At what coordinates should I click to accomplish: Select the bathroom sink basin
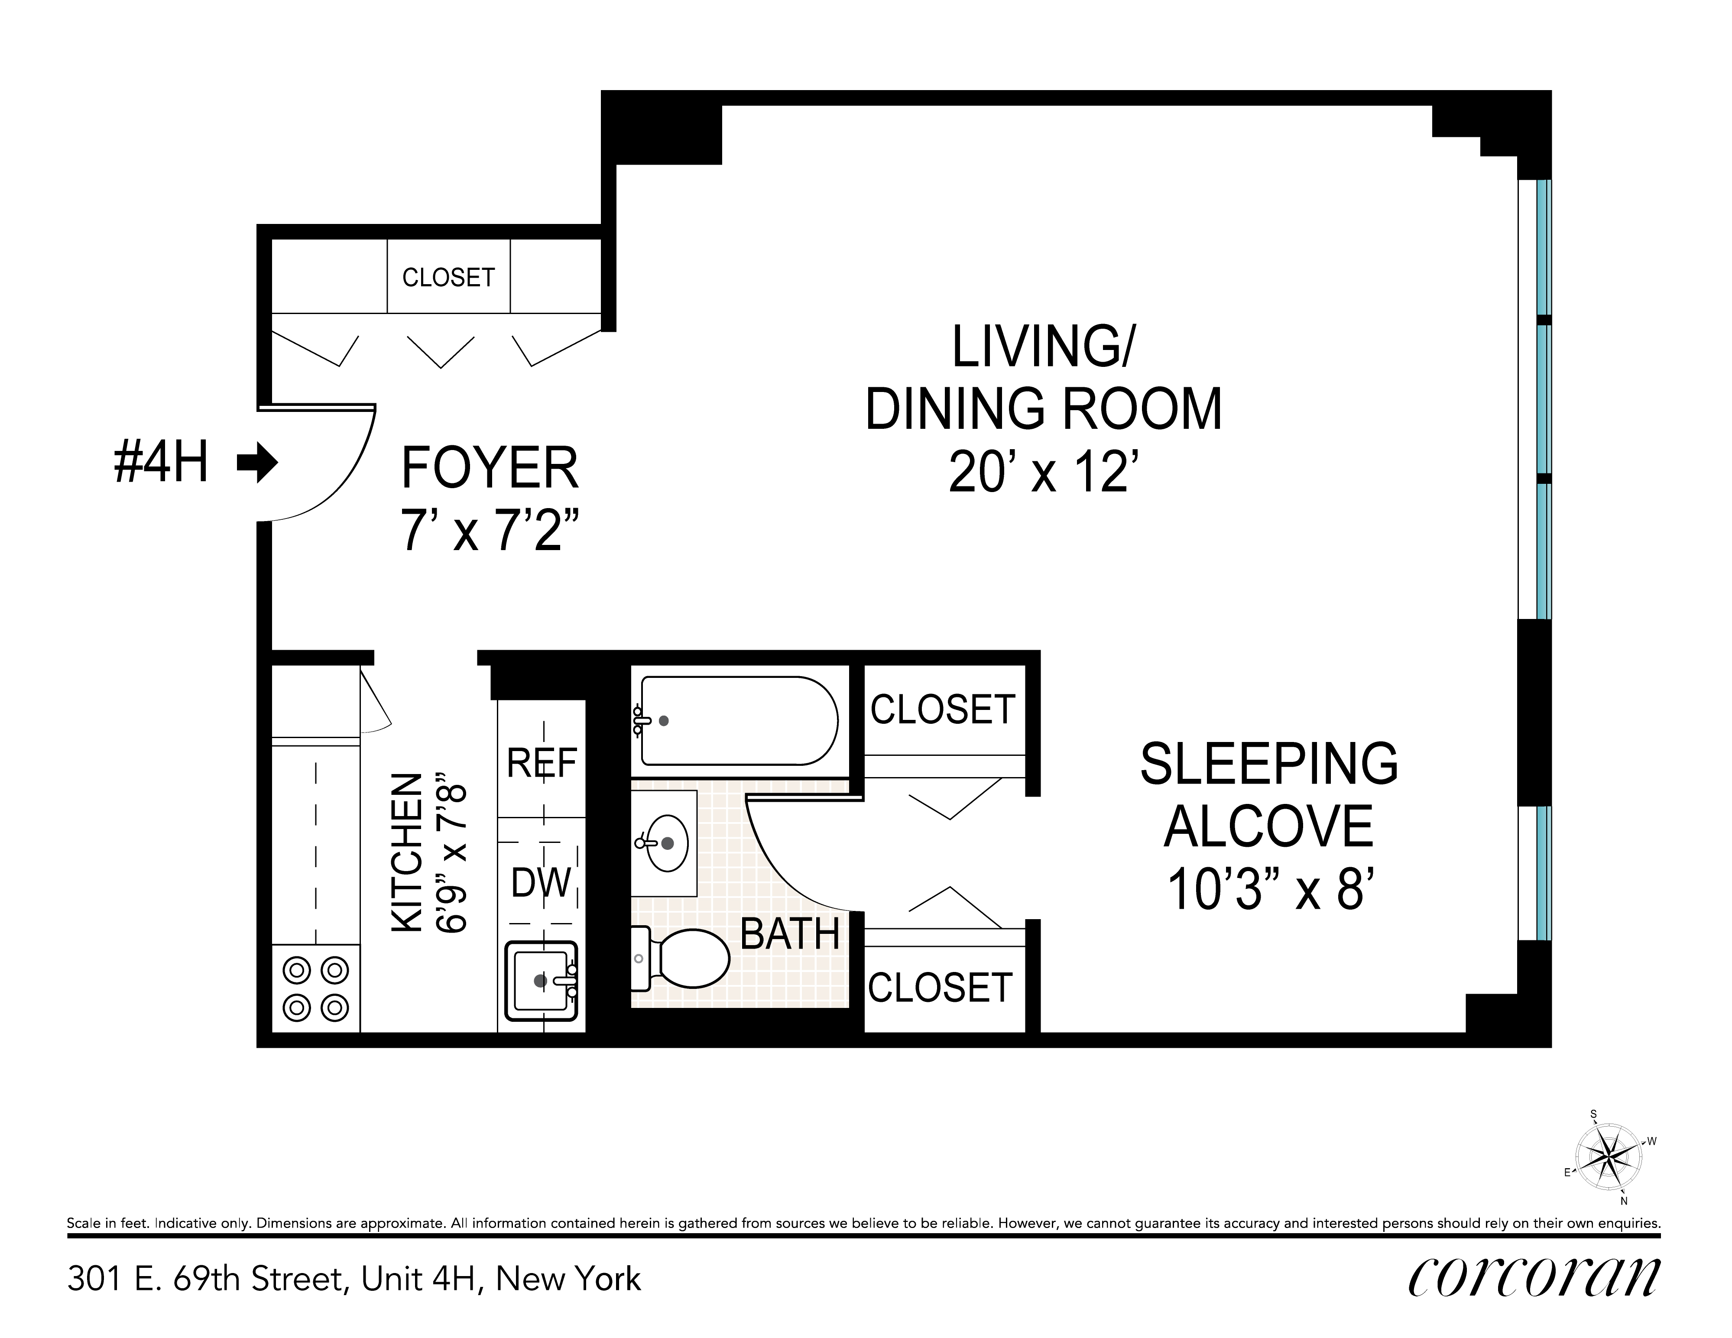[x=666, y=842]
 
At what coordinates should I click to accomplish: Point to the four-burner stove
[x=316, y=988]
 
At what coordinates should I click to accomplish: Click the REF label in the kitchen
[x=542, y=763]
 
